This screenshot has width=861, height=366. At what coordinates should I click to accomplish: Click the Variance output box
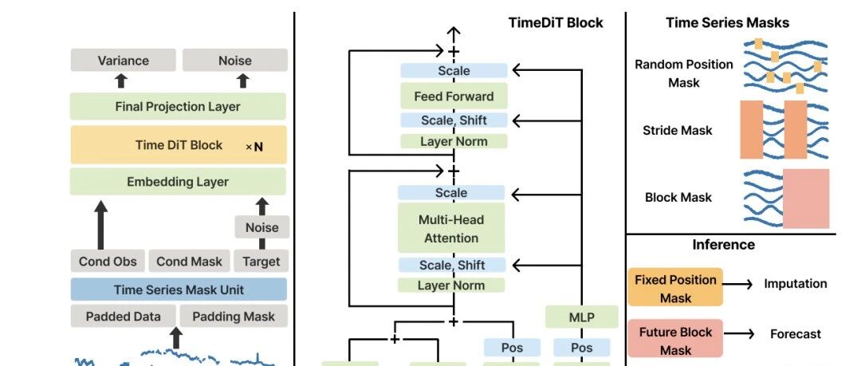pos(123,60)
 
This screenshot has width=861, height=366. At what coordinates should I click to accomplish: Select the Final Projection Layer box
pos(178,106)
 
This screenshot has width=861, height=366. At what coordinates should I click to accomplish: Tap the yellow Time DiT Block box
pos(178,145)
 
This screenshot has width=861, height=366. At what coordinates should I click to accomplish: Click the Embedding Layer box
pos(178,181)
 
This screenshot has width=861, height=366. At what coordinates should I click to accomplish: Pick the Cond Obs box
pos(108,261)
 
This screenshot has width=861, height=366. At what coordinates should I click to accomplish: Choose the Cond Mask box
pos(190,261)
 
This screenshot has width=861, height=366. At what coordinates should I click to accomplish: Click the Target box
pos(261,261)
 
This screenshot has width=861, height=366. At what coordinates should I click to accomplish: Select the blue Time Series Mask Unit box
pos(179,289)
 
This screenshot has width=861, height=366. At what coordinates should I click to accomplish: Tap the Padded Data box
pos(123,316)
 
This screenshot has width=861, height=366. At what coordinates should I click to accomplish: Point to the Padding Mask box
pos(234,316)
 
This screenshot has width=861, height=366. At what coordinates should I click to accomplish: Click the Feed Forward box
pos(454,96)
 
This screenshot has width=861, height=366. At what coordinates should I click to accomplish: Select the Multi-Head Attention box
pos(451,228)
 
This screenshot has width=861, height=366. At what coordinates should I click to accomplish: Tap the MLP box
pos(581,317)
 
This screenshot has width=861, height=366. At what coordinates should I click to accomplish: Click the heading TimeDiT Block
pos(556,22)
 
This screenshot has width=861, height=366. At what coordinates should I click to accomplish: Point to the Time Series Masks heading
pos(728,22)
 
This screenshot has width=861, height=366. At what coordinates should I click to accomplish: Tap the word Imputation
pos(795,284)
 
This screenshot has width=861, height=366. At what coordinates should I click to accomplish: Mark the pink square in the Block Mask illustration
pos(805,199)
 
